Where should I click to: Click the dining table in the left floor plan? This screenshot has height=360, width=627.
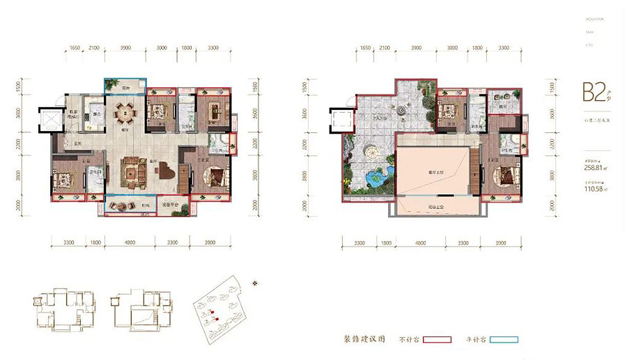[x=125, y=111]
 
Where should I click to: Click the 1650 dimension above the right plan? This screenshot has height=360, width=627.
[x=366, y=48]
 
